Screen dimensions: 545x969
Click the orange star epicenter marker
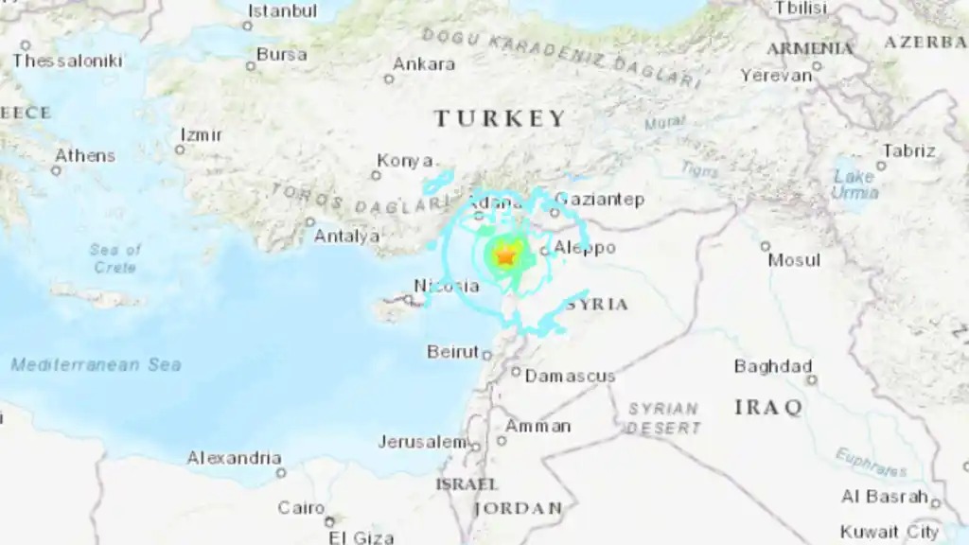(x=504, y=255)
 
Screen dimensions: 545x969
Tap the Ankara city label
(x=423, y=65)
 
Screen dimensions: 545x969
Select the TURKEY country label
(x=501, y=118)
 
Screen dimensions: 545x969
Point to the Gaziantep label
(x=599, y=199)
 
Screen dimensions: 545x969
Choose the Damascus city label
(x=570, y=376)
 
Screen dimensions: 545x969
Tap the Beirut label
(x=452, y=351)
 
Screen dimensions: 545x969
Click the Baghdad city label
(x=773, y=366)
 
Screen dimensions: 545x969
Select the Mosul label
(x=794, y=259)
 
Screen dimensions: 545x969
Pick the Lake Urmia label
(x=854, y=184)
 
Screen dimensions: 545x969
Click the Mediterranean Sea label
(x=97, y=364)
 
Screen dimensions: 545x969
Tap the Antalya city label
(x=346, y=236)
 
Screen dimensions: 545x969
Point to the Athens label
(x=84, y=155)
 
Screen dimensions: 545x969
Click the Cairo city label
(x=301, y=508)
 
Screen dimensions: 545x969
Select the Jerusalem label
(x=422, y=442)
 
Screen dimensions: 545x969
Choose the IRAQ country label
(x=768, y=408)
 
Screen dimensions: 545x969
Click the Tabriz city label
(x=908, y=150)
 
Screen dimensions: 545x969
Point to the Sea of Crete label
(x=115, y=258)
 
